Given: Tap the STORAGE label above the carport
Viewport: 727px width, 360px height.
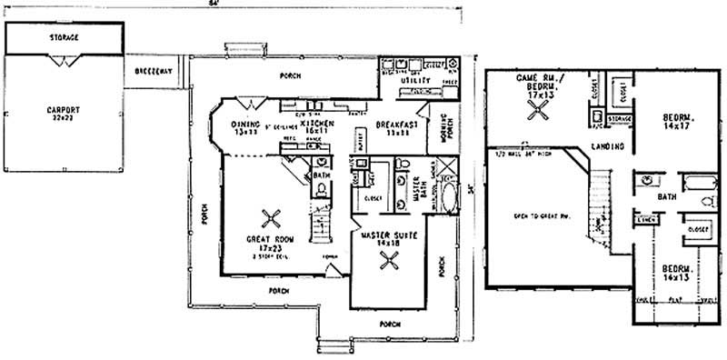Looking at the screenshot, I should [x=63, y=37].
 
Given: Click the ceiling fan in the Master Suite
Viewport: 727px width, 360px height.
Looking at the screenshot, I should [x=391, y=262].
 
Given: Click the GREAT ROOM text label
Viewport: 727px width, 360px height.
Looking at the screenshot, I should [x=267, y=241].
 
